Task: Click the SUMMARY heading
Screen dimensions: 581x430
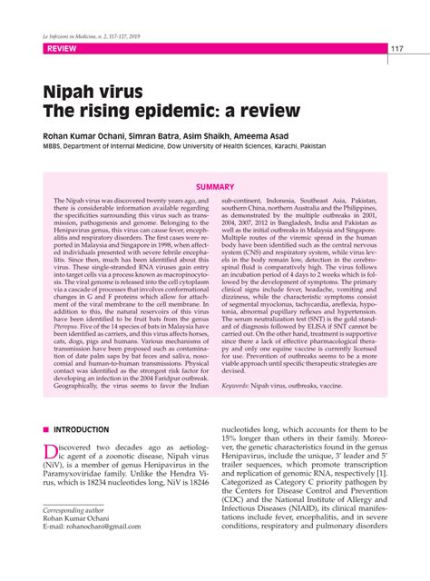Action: (215, 185)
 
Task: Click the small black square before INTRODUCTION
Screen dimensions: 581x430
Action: (45, 429)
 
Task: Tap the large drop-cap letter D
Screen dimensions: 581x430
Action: (53, 452)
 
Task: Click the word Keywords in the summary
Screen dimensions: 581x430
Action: (240, 385)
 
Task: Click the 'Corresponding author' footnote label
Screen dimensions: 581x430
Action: (75, 536)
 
